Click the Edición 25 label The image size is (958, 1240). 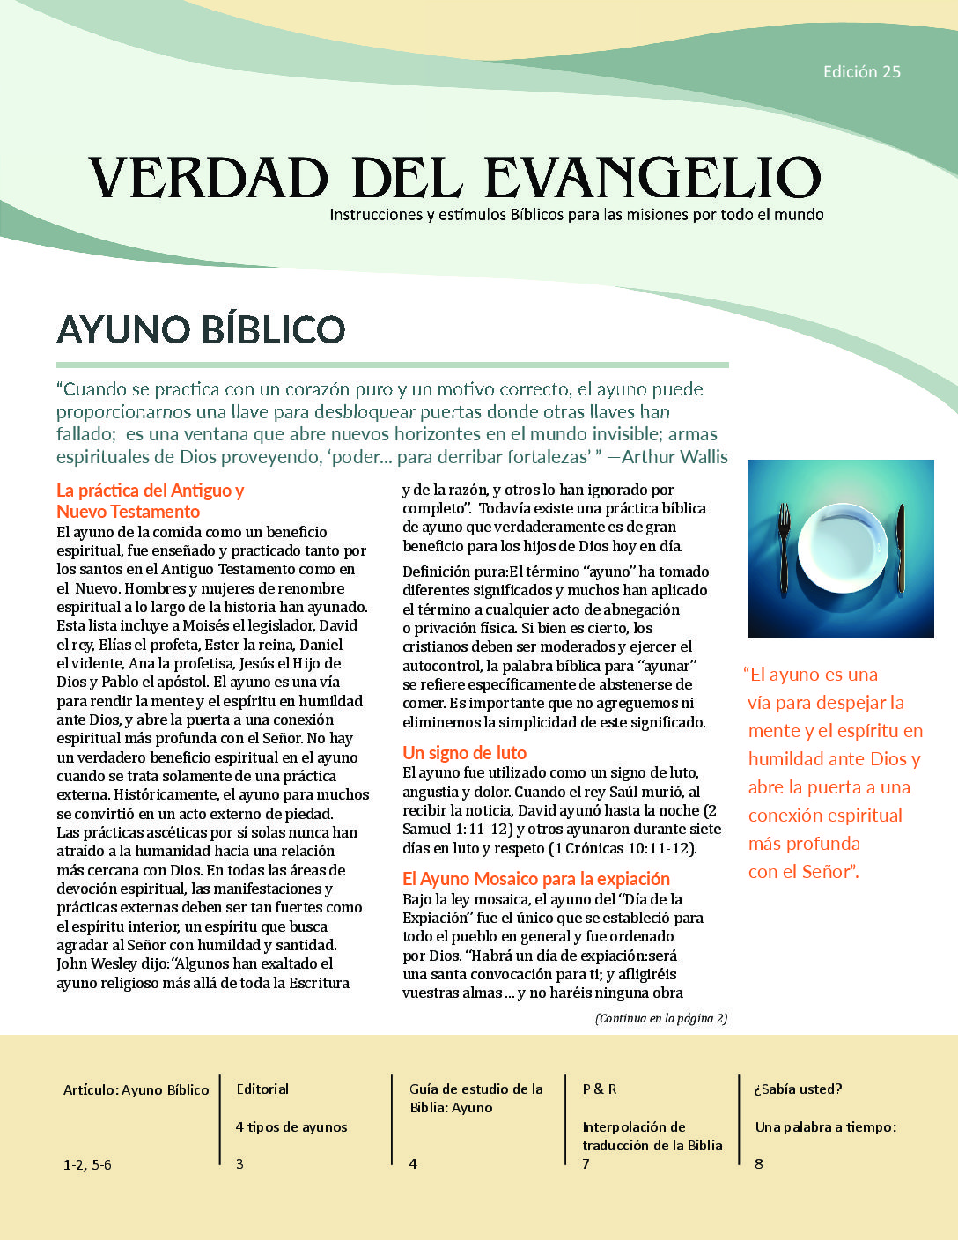tap(861, 72)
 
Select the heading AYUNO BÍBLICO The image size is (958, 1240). tap(201, 329)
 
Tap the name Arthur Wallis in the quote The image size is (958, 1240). tap(674, 457)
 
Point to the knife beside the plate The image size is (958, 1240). tap(900, 550)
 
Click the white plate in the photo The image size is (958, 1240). tap(841, 548)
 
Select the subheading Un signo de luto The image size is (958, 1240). tap(464, 753)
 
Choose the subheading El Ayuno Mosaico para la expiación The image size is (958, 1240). tap(535, 879)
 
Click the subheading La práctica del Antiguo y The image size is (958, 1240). tap(150, 491)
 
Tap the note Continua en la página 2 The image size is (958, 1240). tap(660, 1019)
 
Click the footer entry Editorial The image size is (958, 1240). tap(262, 1089)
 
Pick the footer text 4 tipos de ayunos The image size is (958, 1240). tap(291, 1127)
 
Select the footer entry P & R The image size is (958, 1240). tap(600, 1089)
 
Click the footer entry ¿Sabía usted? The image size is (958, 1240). tap(798, 1089)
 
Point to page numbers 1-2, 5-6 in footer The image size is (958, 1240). tap(87, 1165)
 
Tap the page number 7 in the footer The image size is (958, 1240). tap(586, 1164)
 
